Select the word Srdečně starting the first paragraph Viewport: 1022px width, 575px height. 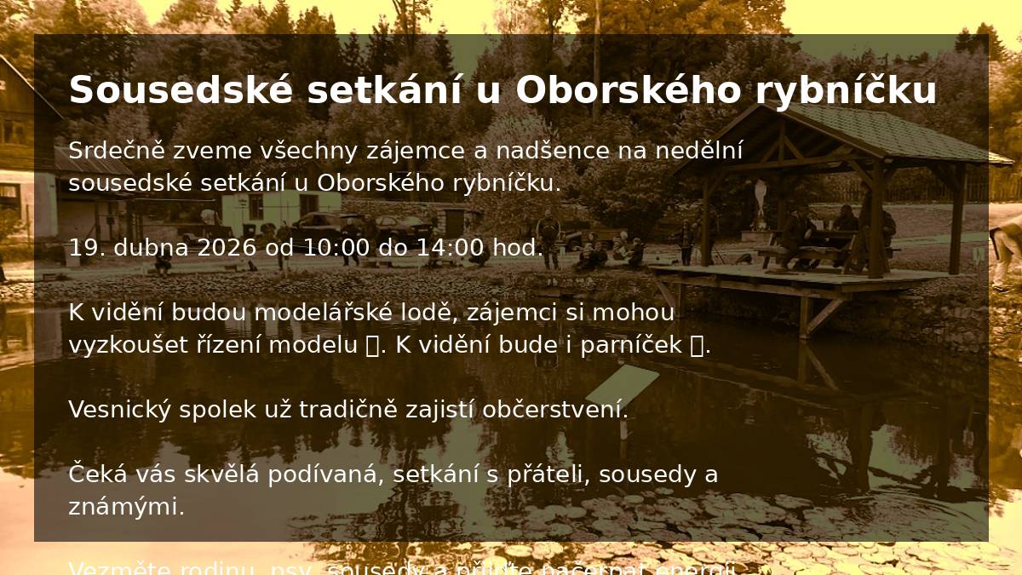(117, 151)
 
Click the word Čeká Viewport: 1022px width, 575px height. (94, 474)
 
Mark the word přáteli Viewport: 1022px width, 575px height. (548, 474)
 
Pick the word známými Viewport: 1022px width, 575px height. (126, 507)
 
